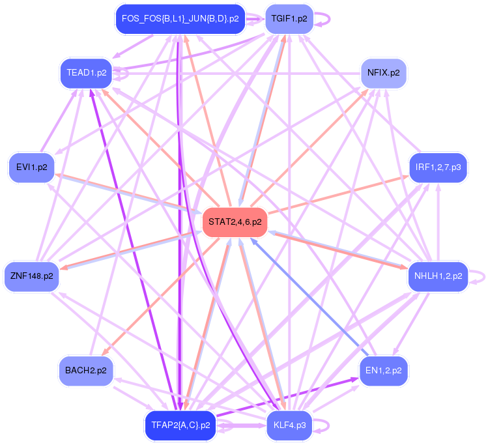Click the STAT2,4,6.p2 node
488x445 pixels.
[235, 222]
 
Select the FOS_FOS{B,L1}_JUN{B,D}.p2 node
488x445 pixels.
[180, 19]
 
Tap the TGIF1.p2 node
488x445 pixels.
[289, 19]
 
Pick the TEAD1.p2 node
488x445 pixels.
[86, 72]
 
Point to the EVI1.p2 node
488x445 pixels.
[32, 167]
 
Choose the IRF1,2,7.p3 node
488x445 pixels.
[438, 167]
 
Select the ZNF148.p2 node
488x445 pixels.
[31, 276]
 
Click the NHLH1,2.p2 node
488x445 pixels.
[438, 276]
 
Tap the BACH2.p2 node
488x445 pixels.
[86, 370]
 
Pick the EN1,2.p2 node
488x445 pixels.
[384, 370]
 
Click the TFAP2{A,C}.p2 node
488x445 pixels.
[180, 425]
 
